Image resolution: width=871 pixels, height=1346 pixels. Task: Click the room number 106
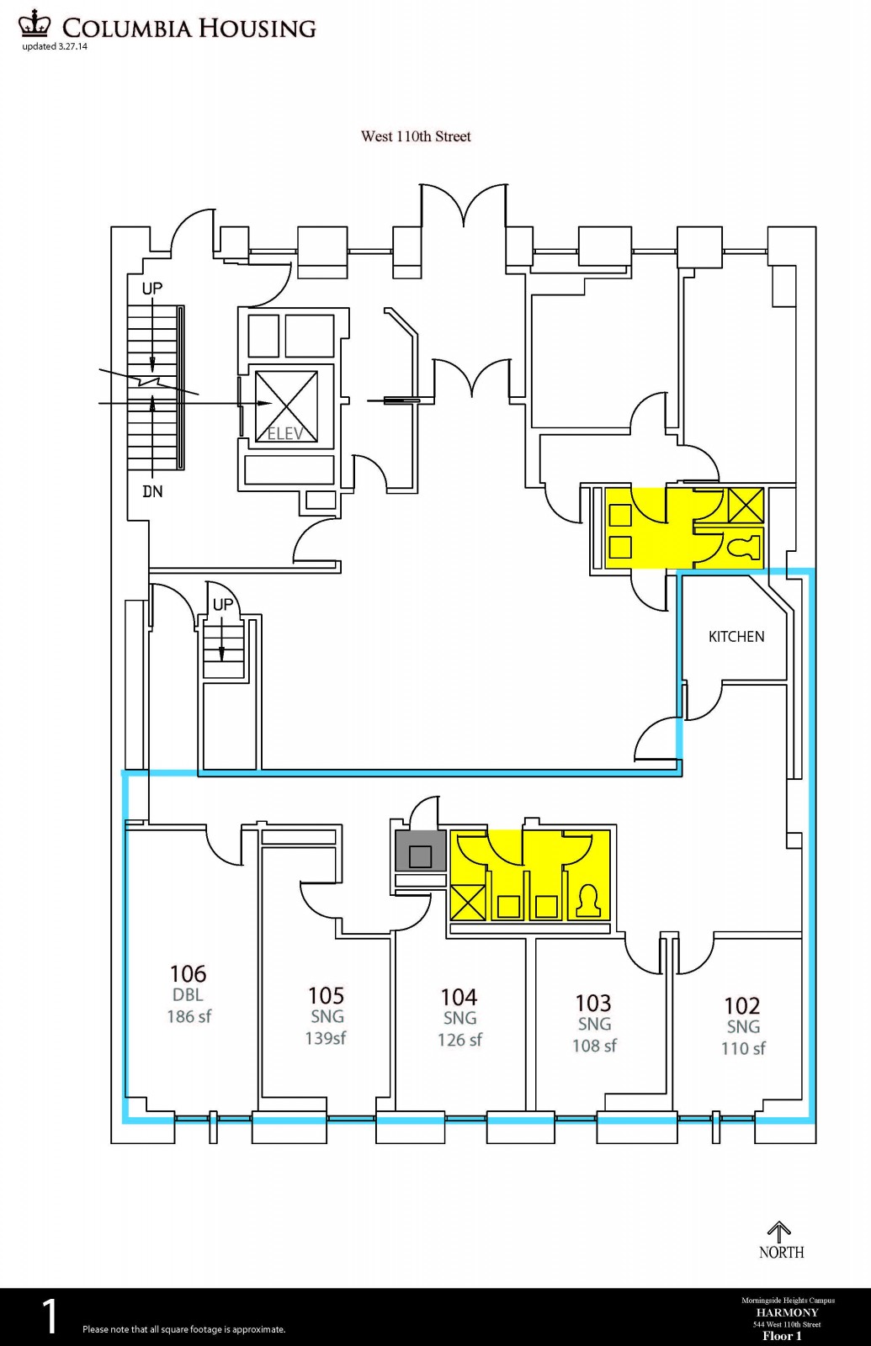[188, 973]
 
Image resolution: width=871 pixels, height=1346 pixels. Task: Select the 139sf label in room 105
[326, 1038]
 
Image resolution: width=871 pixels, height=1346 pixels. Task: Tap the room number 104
[459, 997]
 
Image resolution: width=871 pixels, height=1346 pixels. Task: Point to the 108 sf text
[594, 1046]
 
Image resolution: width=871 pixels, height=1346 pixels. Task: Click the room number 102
[742, 1005]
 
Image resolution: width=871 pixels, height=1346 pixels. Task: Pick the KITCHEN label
[736, 637]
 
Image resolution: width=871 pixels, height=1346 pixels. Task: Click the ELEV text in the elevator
[285, 434]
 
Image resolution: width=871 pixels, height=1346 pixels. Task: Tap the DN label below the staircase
[152, 491]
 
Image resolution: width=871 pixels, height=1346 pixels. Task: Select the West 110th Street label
[416, 136]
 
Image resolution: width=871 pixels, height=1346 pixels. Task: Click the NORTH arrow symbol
[780, 1232]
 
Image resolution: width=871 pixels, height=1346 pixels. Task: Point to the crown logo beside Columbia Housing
[35, 24]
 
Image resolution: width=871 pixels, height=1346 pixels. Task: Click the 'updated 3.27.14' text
[55, 46]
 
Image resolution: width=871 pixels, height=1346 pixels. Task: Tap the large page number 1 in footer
[50, 1317]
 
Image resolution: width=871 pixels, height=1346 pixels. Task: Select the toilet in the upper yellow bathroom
[744, 548]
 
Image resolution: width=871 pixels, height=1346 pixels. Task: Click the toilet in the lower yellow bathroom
[587, 902]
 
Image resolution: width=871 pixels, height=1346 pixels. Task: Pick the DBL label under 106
[188, 994]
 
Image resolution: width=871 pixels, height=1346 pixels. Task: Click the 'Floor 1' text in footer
[782, 1336]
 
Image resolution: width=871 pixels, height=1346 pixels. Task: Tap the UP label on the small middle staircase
[223, 604]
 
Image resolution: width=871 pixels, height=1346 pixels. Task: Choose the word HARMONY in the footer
[787, 1312]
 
